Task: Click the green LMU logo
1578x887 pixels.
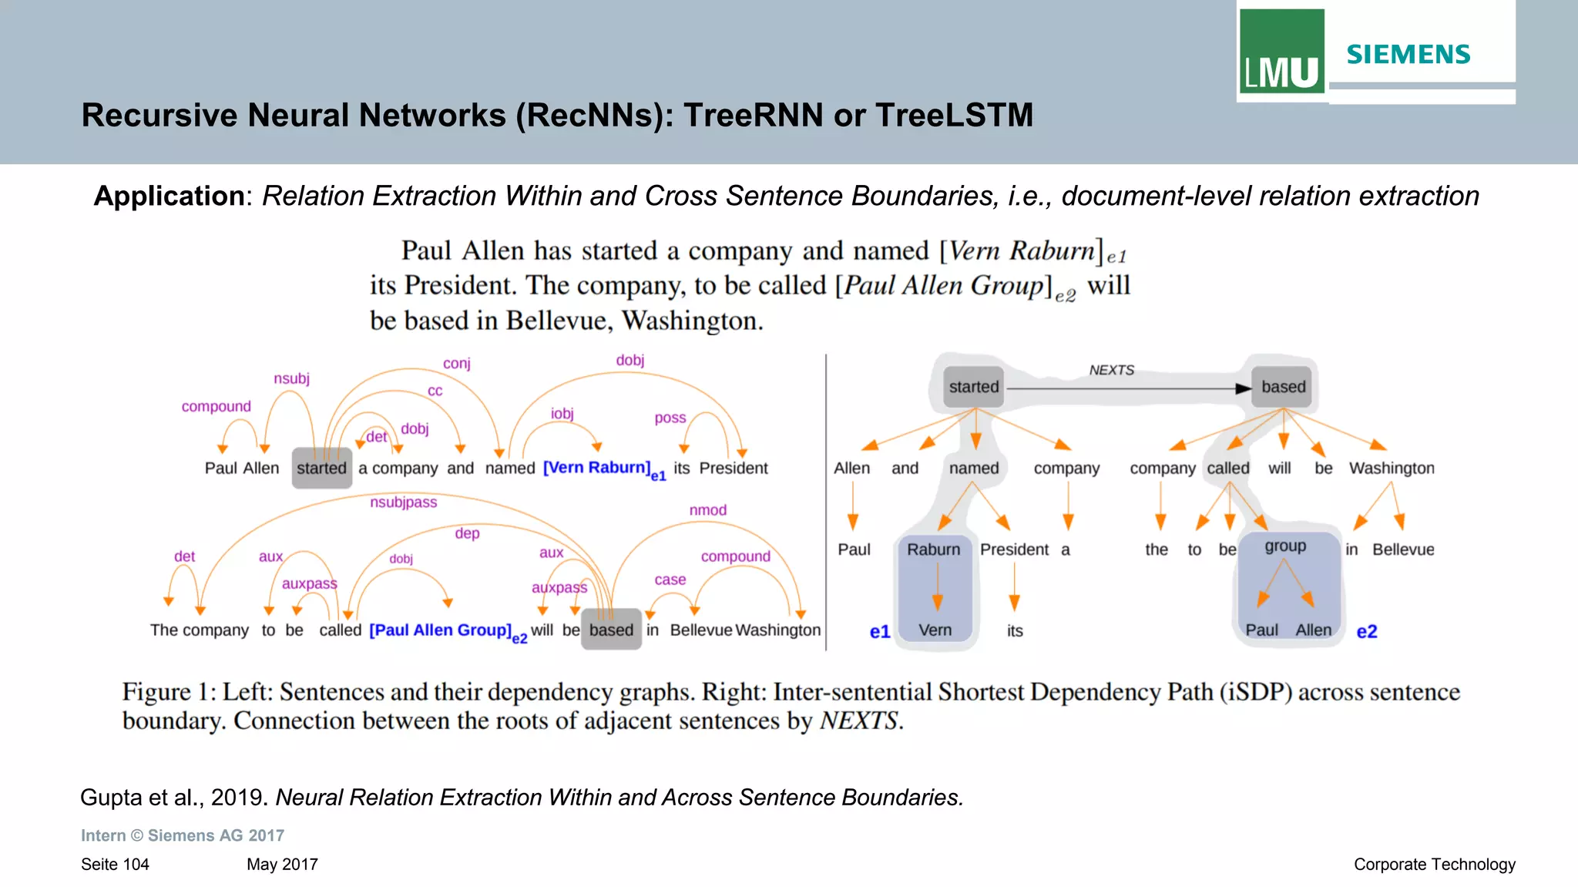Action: click(1281, 52)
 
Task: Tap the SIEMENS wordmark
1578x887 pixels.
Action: click(1408, 55)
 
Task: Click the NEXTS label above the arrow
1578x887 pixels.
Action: click(1111, 370)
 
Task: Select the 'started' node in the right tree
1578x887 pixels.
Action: click(974, 387)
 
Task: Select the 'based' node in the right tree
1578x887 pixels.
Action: click(1284, 387)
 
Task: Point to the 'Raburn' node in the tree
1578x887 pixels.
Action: click(933, 549)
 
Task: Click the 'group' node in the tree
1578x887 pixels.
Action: click(1285, 546)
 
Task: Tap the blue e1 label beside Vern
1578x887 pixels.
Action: click(880, 632)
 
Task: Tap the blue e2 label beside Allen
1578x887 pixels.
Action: click(1367, 632)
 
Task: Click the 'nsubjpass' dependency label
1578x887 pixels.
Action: click(403, 502)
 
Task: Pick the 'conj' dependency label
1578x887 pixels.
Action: click(456, 363)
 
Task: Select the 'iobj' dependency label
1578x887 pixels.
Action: click(562, 414)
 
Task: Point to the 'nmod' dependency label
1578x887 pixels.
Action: click(707, 510)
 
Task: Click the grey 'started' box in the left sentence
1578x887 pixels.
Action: click(322, 468)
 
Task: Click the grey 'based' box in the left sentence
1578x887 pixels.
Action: click(611, 630)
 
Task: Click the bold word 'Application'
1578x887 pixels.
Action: click(169, 196)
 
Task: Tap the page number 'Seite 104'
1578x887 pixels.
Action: click(115, 865)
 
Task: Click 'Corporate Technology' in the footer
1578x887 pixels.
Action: click(1434, 865)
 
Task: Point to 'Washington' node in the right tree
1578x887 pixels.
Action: click(1392, 468)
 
